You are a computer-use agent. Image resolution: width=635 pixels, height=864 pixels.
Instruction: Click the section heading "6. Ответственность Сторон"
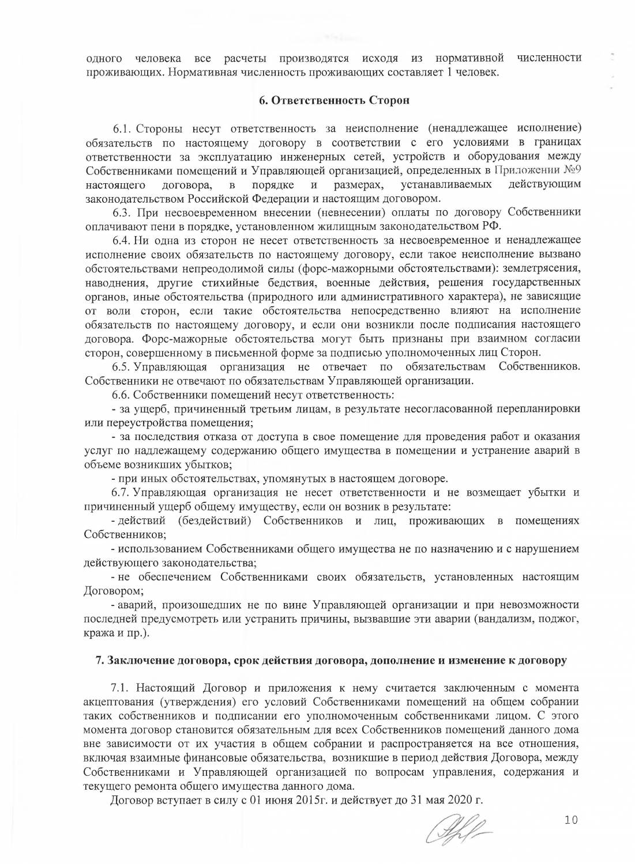coord(333,100)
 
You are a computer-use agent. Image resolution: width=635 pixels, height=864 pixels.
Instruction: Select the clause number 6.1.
coord(123,127)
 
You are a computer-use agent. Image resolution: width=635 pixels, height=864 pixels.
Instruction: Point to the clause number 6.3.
coord(123,212)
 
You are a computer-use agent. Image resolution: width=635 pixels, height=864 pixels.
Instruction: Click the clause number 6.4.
coord(123,240)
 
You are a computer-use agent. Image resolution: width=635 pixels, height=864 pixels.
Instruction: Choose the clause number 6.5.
coord(123,367)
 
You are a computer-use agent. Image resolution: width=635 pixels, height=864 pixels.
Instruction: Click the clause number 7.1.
coord(123,689)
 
